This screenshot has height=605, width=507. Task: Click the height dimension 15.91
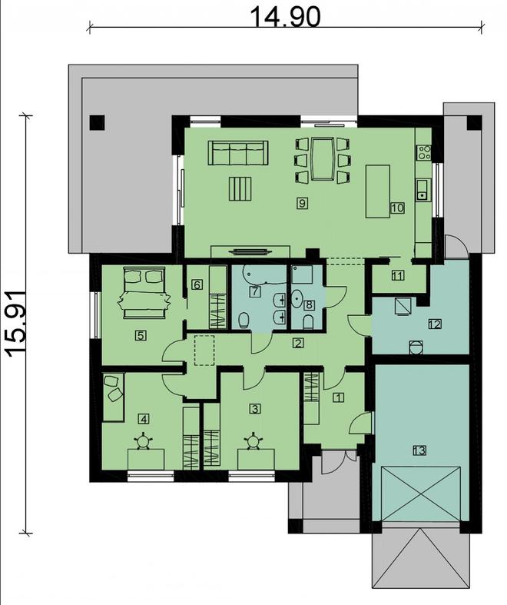pos(17,323)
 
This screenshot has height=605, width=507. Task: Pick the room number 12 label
pos(434,325)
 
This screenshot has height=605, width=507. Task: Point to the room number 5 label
pos(141,334)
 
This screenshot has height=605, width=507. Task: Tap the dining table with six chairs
pos(322,160)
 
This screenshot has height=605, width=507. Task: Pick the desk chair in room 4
pos(143,441)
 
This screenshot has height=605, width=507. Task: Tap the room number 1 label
pos(336,397)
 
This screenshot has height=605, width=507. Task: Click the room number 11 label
pos(397,276)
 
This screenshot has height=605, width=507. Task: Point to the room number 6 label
pos(197,285)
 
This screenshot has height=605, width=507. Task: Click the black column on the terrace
pos(98,121)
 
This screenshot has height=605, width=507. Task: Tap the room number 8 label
pos(310,304)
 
